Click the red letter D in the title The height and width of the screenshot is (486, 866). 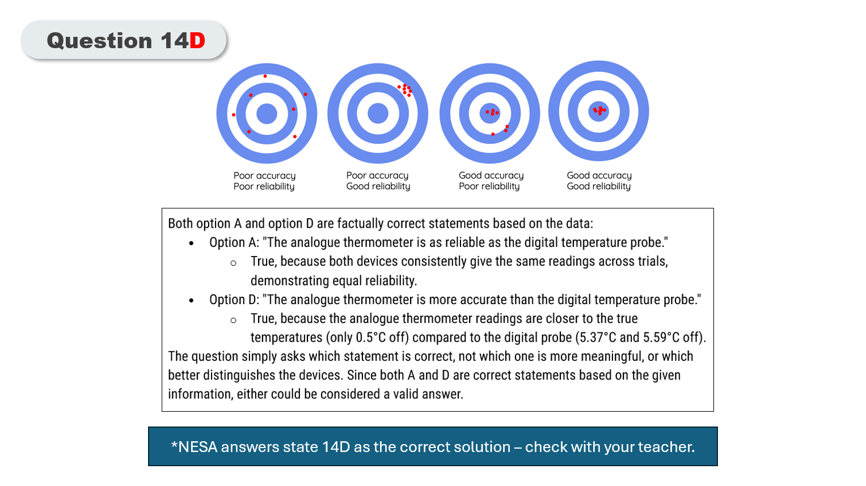197,41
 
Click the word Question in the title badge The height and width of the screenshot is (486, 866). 99,41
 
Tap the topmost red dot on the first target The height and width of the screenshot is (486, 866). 265,76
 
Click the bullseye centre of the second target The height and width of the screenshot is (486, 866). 378,113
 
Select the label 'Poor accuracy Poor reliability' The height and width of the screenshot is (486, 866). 264,181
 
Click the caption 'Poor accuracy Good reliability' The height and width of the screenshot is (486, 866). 378,181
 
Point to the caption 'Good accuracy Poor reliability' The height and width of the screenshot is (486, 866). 491,181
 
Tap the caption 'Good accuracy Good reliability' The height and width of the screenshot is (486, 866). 599,181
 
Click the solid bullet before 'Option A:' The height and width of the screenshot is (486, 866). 191,243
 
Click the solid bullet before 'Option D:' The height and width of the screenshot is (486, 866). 191,300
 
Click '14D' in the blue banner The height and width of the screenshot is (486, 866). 336,447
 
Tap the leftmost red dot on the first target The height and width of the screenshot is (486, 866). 234,114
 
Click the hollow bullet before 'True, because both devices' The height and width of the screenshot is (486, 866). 233,263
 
